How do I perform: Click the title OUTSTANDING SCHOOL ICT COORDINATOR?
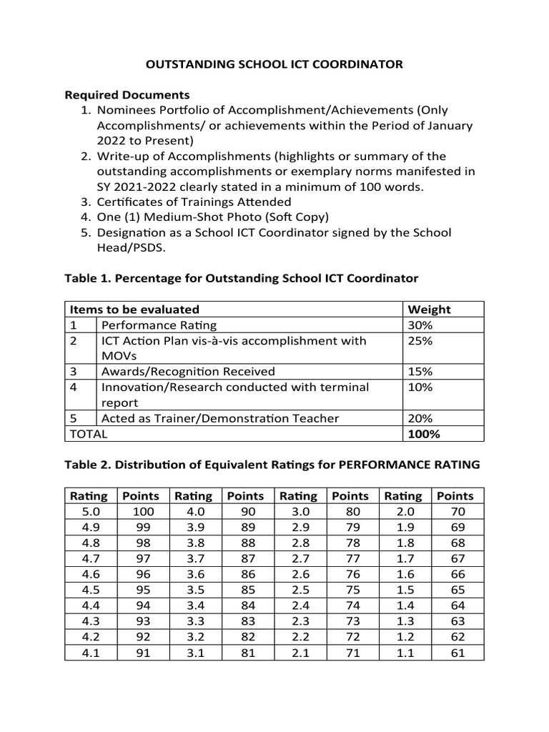pyautogui.click(x=274, y=64)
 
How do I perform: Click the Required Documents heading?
pyautogui.click(x=127, y=95)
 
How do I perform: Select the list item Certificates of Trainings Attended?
pyautogui.click(x=194, y=202)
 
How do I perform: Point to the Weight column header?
pyautogui.click(x=429, y=310)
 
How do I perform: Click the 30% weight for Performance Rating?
pyautogui.click(x=419, y=325)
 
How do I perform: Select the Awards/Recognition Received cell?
pyautogui.click(x=188, y=372)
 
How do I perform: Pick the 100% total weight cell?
pyautogui.click(x=423, y=434)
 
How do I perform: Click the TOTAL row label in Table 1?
pyautogui.click(x=86, y=434)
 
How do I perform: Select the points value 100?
pyautogui.click(x=143, y=512)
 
